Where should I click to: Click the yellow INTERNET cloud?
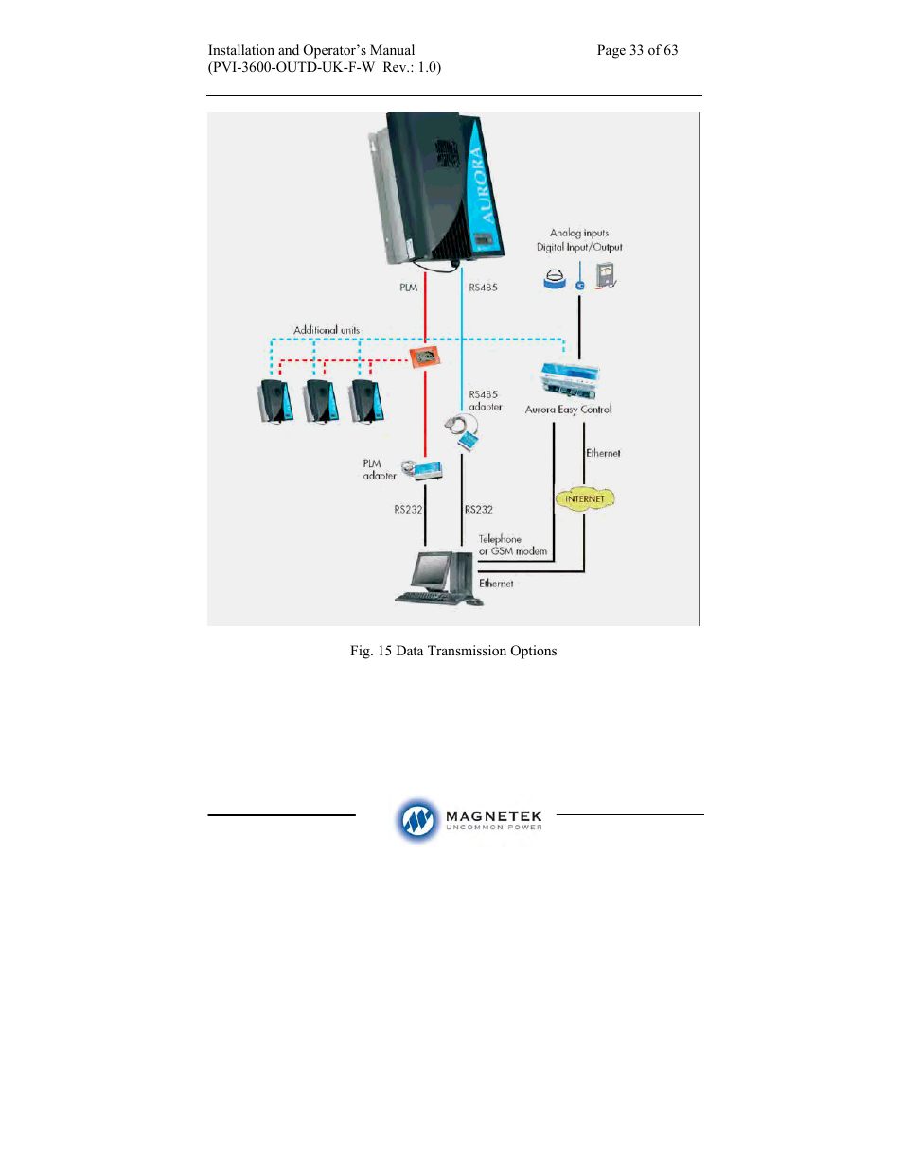(x=585, y=498)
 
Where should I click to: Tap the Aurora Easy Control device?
(x=570, y=380)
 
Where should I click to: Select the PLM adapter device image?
(x=423, y=470)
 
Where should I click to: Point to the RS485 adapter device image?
(x=462, y=433)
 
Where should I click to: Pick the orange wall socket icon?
(x=425, y=357)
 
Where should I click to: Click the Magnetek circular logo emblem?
(x=416, y=820)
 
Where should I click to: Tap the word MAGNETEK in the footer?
(x=494, y=816)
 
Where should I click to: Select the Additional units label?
(x=326, y=330)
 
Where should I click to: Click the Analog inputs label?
(x=579, y=233)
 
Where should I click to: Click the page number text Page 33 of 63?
(x=637, y=50)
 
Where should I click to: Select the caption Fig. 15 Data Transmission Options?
(x=453, y=651)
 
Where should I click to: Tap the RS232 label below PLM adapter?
(x=408, y=510)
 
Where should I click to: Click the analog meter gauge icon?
(x=606, y=275)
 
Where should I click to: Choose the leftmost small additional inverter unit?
(x=274, y=401)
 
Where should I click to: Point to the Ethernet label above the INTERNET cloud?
(x=603, y=453)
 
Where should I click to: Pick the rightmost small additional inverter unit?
(x=366, y=401)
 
